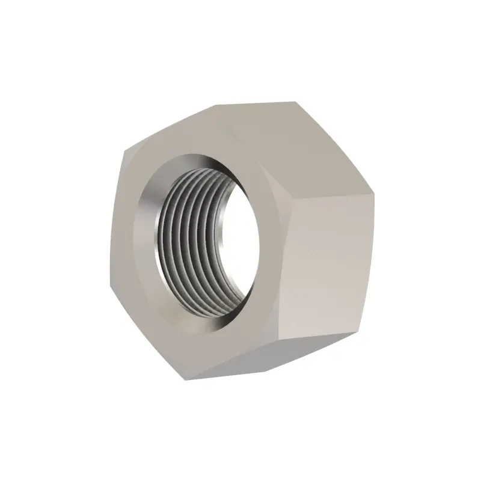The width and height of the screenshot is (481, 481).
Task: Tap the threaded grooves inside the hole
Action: (x=192, y=240)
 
